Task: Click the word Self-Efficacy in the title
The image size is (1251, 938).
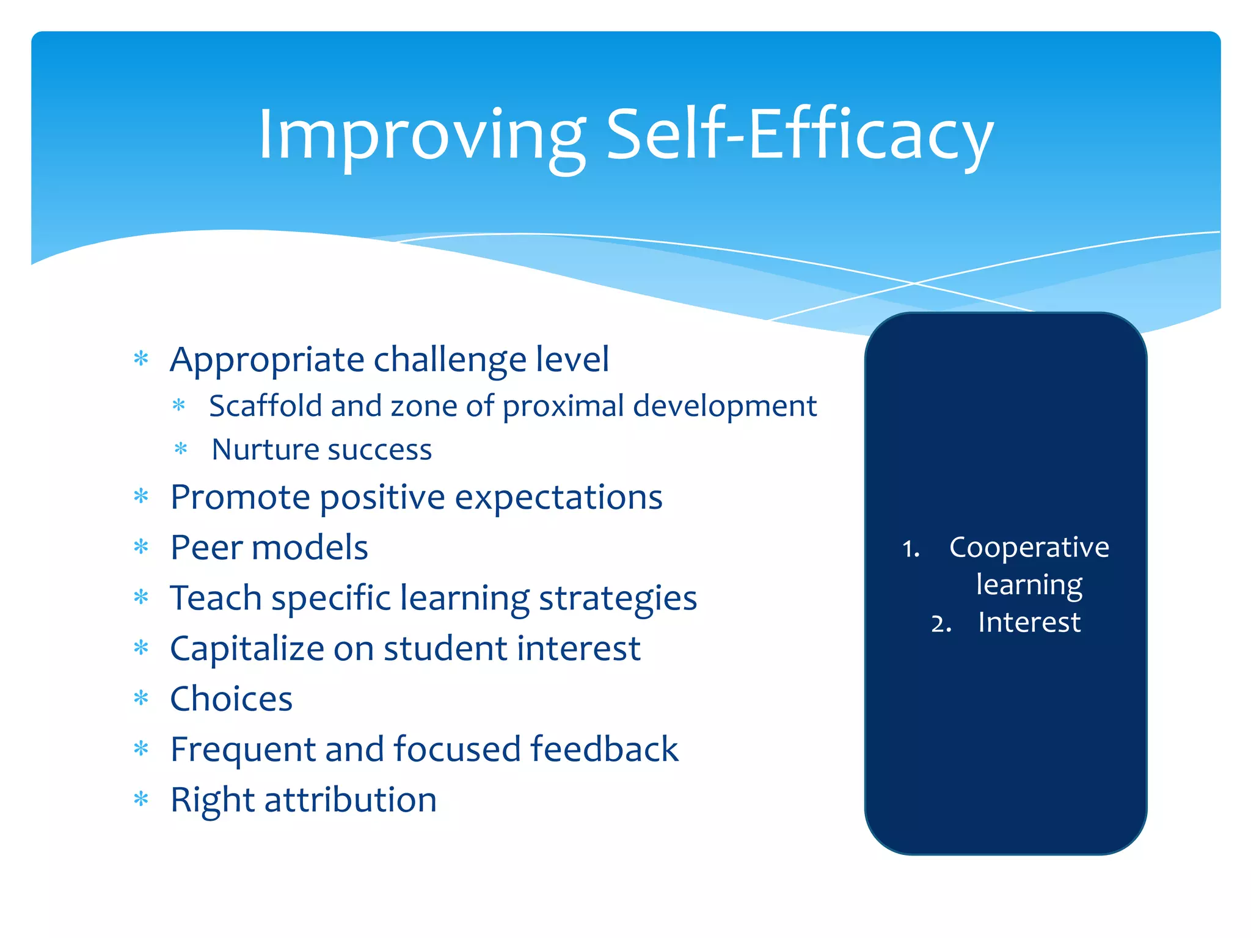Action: (x=799, y=136)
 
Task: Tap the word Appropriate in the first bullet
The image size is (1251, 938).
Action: (x=267, y=360)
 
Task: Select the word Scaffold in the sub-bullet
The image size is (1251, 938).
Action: (x=265, y=406)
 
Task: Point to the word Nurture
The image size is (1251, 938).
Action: (x=261, y=450)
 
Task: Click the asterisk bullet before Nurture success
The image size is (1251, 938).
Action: (x=181, y=450)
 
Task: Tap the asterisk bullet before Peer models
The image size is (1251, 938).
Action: (x=141, y=547)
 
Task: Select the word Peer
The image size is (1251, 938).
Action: (x=206, y=547)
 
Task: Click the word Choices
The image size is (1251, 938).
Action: (x=231, y=699)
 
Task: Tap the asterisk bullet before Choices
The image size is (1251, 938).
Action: (x=141, y=698)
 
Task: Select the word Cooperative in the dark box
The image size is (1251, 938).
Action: (x=1029, y=547)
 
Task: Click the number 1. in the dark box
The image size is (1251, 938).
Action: (x=911, y=549)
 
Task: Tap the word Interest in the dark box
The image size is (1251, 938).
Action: (x=1029, y=623)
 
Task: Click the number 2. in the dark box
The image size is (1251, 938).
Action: (x=941, y=624)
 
